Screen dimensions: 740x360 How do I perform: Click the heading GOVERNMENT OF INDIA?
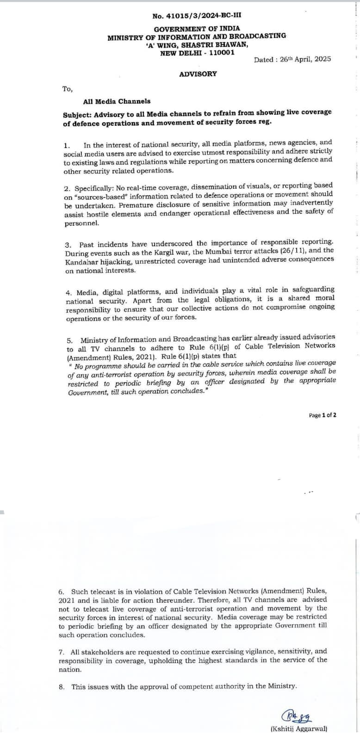click(x=197, y=29)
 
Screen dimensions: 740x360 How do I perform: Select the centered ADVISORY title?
click(x=198, y=74)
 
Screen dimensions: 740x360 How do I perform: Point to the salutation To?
click(x=68, y=89)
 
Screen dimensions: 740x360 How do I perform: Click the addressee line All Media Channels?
click(x=117, y=101)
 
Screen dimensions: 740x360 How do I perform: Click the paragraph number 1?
click(x=66, y=145)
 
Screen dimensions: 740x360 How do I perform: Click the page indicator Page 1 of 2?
click(x=323, y=415)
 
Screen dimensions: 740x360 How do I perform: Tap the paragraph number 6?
click(x=61, y=592)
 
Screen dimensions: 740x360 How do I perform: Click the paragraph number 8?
click(x=61, y=686)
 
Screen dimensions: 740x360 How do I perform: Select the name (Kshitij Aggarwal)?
click(x=298, y=729)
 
